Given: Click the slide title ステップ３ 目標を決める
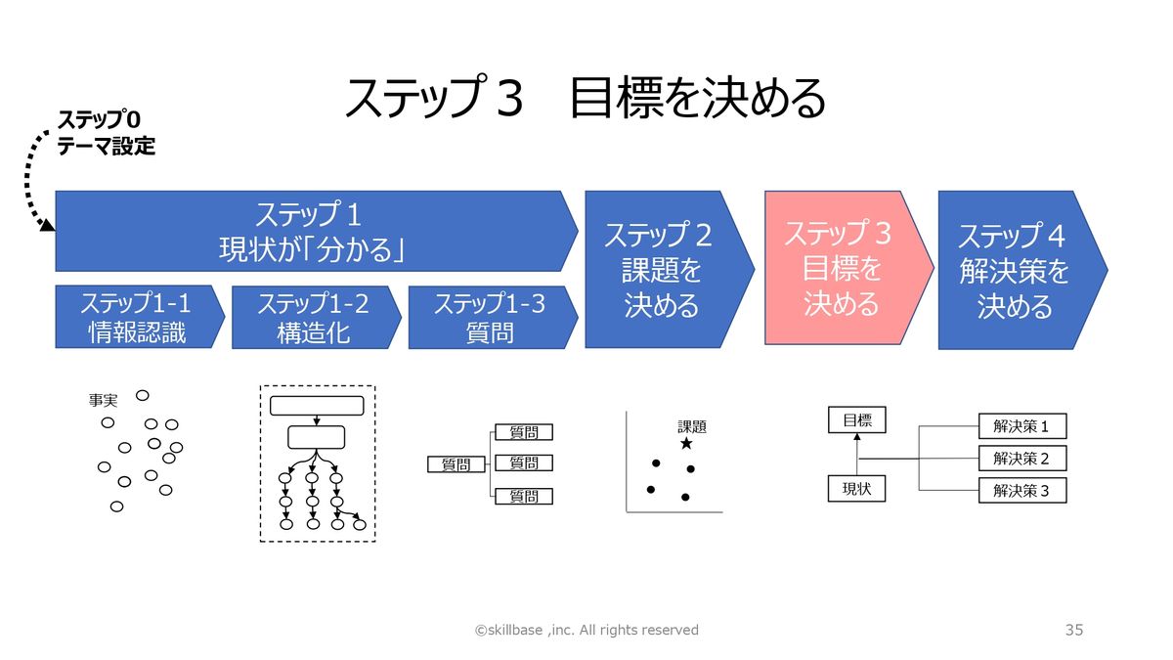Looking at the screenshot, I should pyautogui.click(x=586, y=99).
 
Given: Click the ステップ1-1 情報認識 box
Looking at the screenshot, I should pyautogui.click(x=134, y=318).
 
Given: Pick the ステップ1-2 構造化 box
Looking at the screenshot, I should pyautogui.click(x=312, y=318).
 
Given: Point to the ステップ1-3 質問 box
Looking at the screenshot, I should pyautogui.click(x=489, y=318).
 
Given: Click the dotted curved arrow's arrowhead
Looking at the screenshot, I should pyautogui.click(x=46, y=226).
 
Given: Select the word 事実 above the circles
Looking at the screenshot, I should pyautogui.click(x=103, y=401).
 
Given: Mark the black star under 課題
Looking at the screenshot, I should pyautogui.click(x=686, y=444).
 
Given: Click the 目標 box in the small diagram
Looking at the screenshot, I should pyautogui.click(x=856, y=421).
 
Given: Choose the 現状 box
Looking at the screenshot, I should pyautogui.click(x=856, y=488).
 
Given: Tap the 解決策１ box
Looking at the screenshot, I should pyautogui.click(x=1021, y=426).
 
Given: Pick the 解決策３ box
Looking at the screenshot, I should pyautogui.click(x=1021, y=491).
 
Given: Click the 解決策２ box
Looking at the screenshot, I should pyautogui.click(x=1021, y=459).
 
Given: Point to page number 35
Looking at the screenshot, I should pyautogui.click(x=1073, y=631).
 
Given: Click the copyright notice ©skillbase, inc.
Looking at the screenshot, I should pyautogui.click(x=586, y=631).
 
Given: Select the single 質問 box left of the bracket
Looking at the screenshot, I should pyautogui.click(x=456, y=465).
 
